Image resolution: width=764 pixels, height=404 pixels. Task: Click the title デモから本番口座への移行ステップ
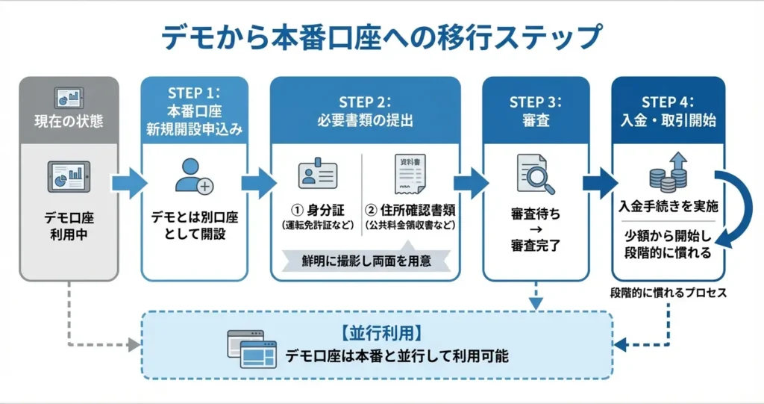(381, 37)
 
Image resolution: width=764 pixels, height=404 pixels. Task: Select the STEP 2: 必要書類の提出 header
(365, 110)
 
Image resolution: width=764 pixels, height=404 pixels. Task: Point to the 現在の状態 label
(69, 119)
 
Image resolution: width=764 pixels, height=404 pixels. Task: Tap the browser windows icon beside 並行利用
(247, 349)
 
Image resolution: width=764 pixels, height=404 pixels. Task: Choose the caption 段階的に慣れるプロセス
(668, 293)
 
